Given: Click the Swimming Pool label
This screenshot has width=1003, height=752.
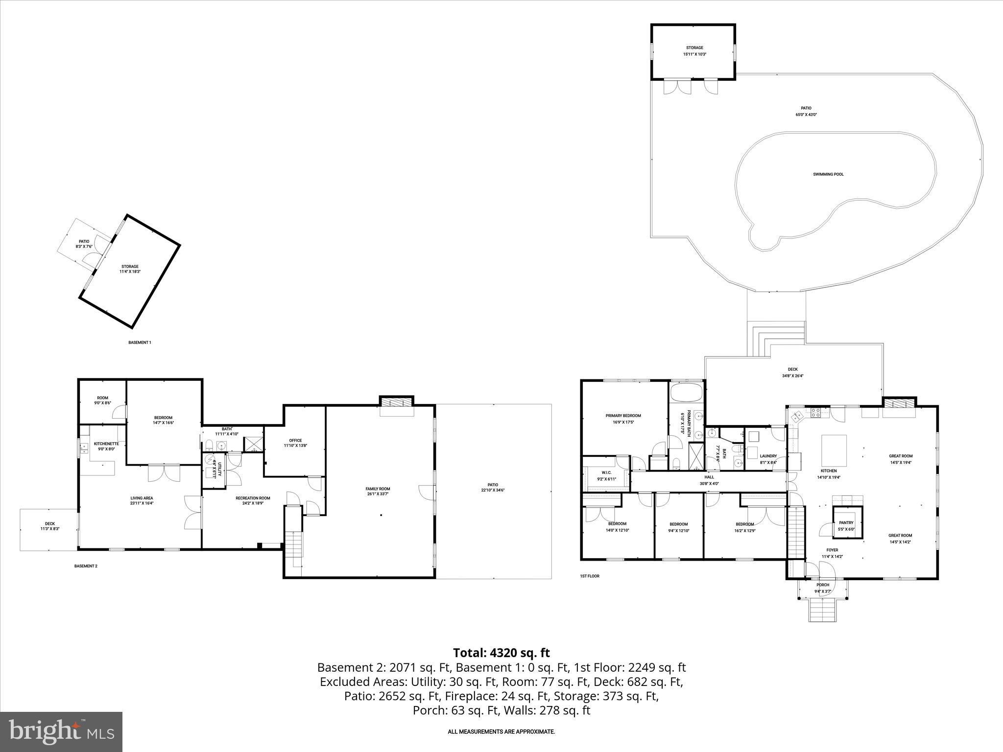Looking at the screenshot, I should tap(828, 174).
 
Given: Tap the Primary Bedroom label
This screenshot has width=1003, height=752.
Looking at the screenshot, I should tap(623, 416).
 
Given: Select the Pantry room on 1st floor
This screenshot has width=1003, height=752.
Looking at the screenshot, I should tap(846, 523).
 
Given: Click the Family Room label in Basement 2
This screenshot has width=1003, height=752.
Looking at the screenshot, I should tap(378, 489).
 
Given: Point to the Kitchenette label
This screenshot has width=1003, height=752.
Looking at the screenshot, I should tap(106, 444).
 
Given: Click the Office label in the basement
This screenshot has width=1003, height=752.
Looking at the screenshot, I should tap(295, 440).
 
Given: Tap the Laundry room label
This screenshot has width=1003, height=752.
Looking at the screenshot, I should tap(768, 456).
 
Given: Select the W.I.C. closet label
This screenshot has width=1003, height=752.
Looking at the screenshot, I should tap(606, 472).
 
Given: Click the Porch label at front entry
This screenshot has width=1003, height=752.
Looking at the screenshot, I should tap(823, 585).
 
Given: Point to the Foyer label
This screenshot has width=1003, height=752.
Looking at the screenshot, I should tap(832, 550).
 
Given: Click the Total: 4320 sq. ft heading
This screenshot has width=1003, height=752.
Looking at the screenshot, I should tap(501, 653).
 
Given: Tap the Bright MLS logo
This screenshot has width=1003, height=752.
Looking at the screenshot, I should tap(61, 731).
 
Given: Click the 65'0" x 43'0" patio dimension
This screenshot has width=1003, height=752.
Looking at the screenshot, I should tap(806, 115).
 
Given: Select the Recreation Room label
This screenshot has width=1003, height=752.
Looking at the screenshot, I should tap(253, 498).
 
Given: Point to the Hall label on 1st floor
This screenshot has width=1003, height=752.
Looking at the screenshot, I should tap(709, 477).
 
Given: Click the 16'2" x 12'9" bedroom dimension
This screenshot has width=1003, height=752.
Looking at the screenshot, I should tap(744, 531).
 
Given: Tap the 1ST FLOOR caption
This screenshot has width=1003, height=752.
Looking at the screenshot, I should tap(590, 576).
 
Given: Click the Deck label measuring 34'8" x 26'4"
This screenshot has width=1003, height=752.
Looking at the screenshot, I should tap(793, 370).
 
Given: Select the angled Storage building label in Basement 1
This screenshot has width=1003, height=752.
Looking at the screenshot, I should tap(130, 266).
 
